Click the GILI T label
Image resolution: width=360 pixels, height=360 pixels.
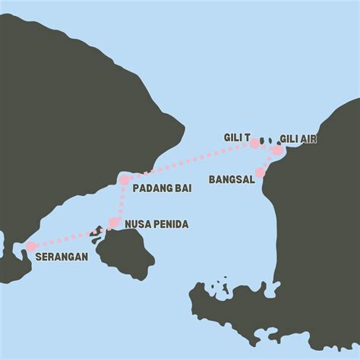click(x=237, y=137)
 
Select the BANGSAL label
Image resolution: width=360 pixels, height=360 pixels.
click(x=231, y=180)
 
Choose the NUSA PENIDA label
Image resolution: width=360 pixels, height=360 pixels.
click(x=156, y=224)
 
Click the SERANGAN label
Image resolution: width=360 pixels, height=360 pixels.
click(x=61, y=257)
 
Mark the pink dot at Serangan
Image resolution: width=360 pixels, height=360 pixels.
click(x=30, y=246)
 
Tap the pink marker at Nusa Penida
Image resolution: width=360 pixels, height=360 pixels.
click(x=114, y=223)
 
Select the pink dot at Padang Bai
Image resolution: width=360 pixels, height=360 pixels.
click(x=124, y=180)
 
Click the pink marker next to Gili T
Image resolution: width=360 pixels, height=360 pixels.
click(x=254, y=143)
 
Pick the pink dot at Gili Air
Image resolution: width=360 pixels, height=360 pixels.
click(x=276, y=150)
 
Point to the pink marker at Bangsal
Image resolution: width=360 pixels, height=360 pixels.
click(x=260, y=172)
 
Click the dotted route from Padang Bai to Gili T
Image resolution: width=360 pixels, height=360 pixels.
click(x=190, y=161)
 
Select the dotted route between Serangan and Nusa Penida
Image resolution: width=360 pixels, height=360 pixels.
click(x=72, y=235)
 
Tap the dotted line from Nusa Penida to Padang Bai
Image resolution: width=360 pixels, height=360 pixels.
click(x=119, y=201)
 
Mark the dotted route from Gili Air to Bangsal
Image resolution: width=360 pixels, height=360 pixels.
click(x=268, y=162)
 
